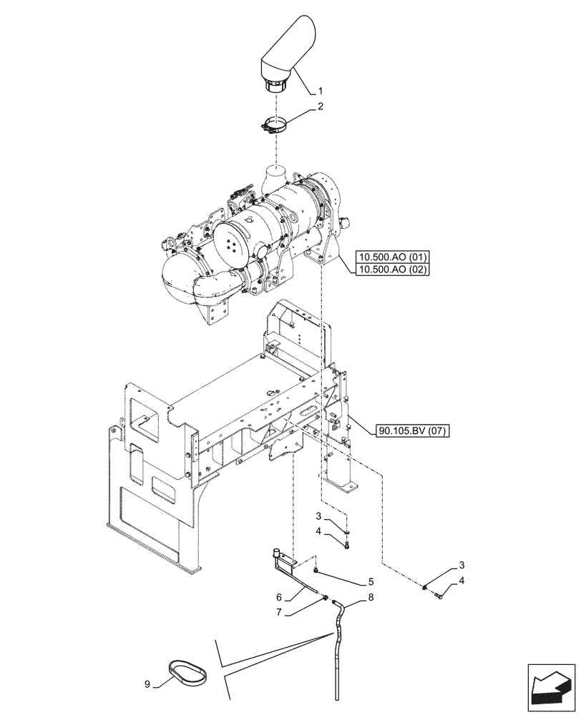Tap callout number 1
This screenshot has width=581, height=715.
coord(321,92)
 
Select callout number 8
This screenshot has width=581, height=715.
coord(371,596)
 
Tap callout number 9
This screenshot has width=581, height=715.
coord(147,684)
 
